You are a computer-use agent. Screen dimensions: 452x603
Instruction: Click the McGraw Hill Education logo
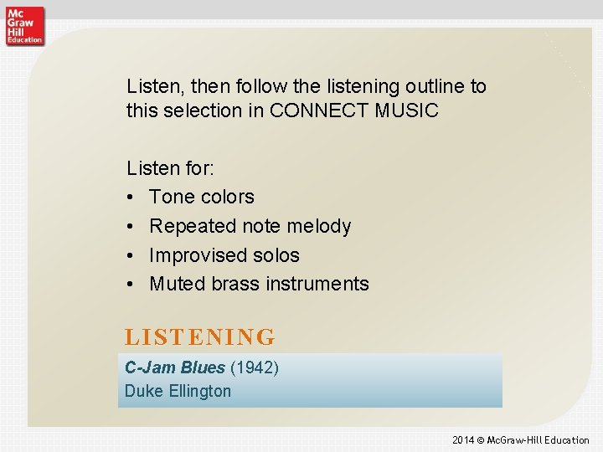pos(24,24)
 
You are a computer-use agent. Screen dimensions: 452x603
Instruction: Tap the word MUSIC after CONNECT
pos(410,110)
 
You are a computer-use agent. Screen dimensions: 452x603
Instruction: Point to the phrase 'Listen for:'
pos(170,168)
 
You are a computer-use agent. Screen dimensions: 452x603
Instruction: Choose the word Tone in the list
pos(170,198)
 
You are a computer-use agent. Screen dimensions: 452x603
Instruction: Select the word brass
pos(234,285)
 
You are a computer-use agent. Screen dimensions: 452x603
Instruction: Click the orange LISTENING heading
pos(199,337)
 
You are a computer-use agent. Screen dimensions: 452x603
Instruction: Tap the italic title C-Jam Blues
pos(174,367)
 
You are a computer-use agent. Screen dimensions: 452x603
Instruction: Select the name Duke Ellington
pos(178,391)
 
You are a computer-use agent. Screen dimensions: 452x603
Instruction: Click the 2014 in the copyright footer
pos(463,440)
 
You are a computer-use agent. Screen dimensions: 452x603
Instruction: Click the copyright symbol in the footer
pos(482,440)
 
